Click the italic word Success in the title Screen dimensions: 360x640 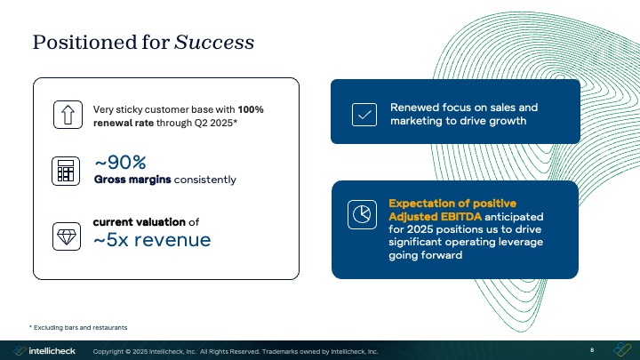(x=214, y=42)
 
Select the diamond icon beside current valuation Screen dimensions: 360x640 (x=66, y=236)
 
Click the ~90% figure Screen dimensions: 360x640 (x=120, y=162)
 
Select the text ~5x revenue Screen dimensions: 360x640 (x=152, y=239)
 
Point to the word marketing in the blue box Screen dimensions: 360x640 (x=420, y=122)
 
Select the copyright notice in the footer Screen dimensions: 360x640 (x=236, y=351)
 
